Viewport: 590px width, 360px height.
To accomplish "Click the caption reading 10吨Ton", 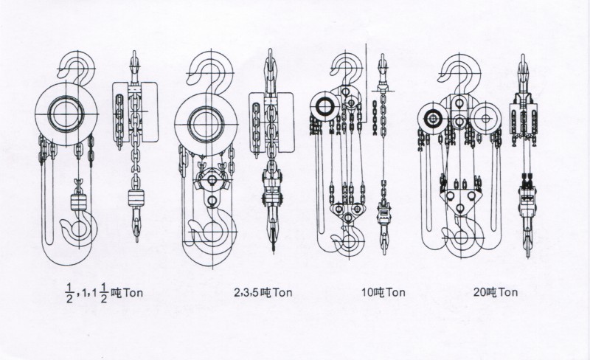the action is (x=383, y=292).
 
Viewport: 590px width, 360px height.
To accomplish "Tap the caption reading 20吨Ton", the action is (x=495, y=292).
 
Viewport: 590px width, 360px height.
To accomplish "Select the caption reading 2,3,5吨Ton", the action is (x=263, y=292).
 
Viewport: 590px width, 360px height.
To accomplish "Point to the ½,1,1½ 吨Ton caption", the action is (x=105, y=293).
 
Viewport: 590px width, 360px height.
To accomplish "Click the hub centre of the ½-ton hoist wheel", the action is (x=66, y=114).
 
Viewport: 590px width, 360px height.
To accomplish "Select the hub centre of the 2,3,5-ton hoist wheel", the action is (x=206, y=124).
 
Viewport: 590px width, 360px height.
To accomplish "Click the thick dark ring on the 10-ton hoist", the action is (x=324, y=107).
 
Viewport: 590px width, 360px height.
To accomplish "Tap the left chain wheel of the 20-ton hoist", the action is (x=433, y=119).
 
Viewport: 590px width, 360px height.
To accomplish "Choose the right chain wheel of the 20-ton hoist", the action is (x=485, y=118).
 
